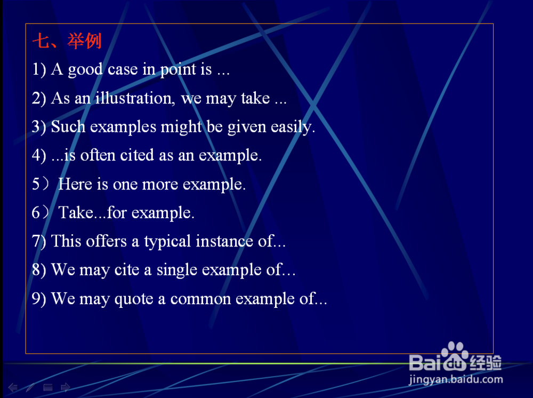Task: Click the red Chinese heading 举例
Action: tap(84, 41)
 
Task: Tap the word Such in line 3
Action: tap(68, 126)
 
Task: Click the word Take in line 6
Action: tap(76, 213)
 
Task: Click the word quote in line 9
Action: tap(134, 299)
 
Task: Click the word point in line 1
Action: tap(179, 70)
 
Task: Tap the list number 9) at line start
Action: tap(39, 299)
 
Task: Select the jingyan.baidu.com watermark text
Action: tap(456, 379)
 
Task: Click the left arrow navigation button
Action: tap(13, 387)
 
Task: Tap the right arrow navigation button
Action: tap(66, 387)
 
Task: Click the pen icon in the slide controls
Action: tap(30, 387)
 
